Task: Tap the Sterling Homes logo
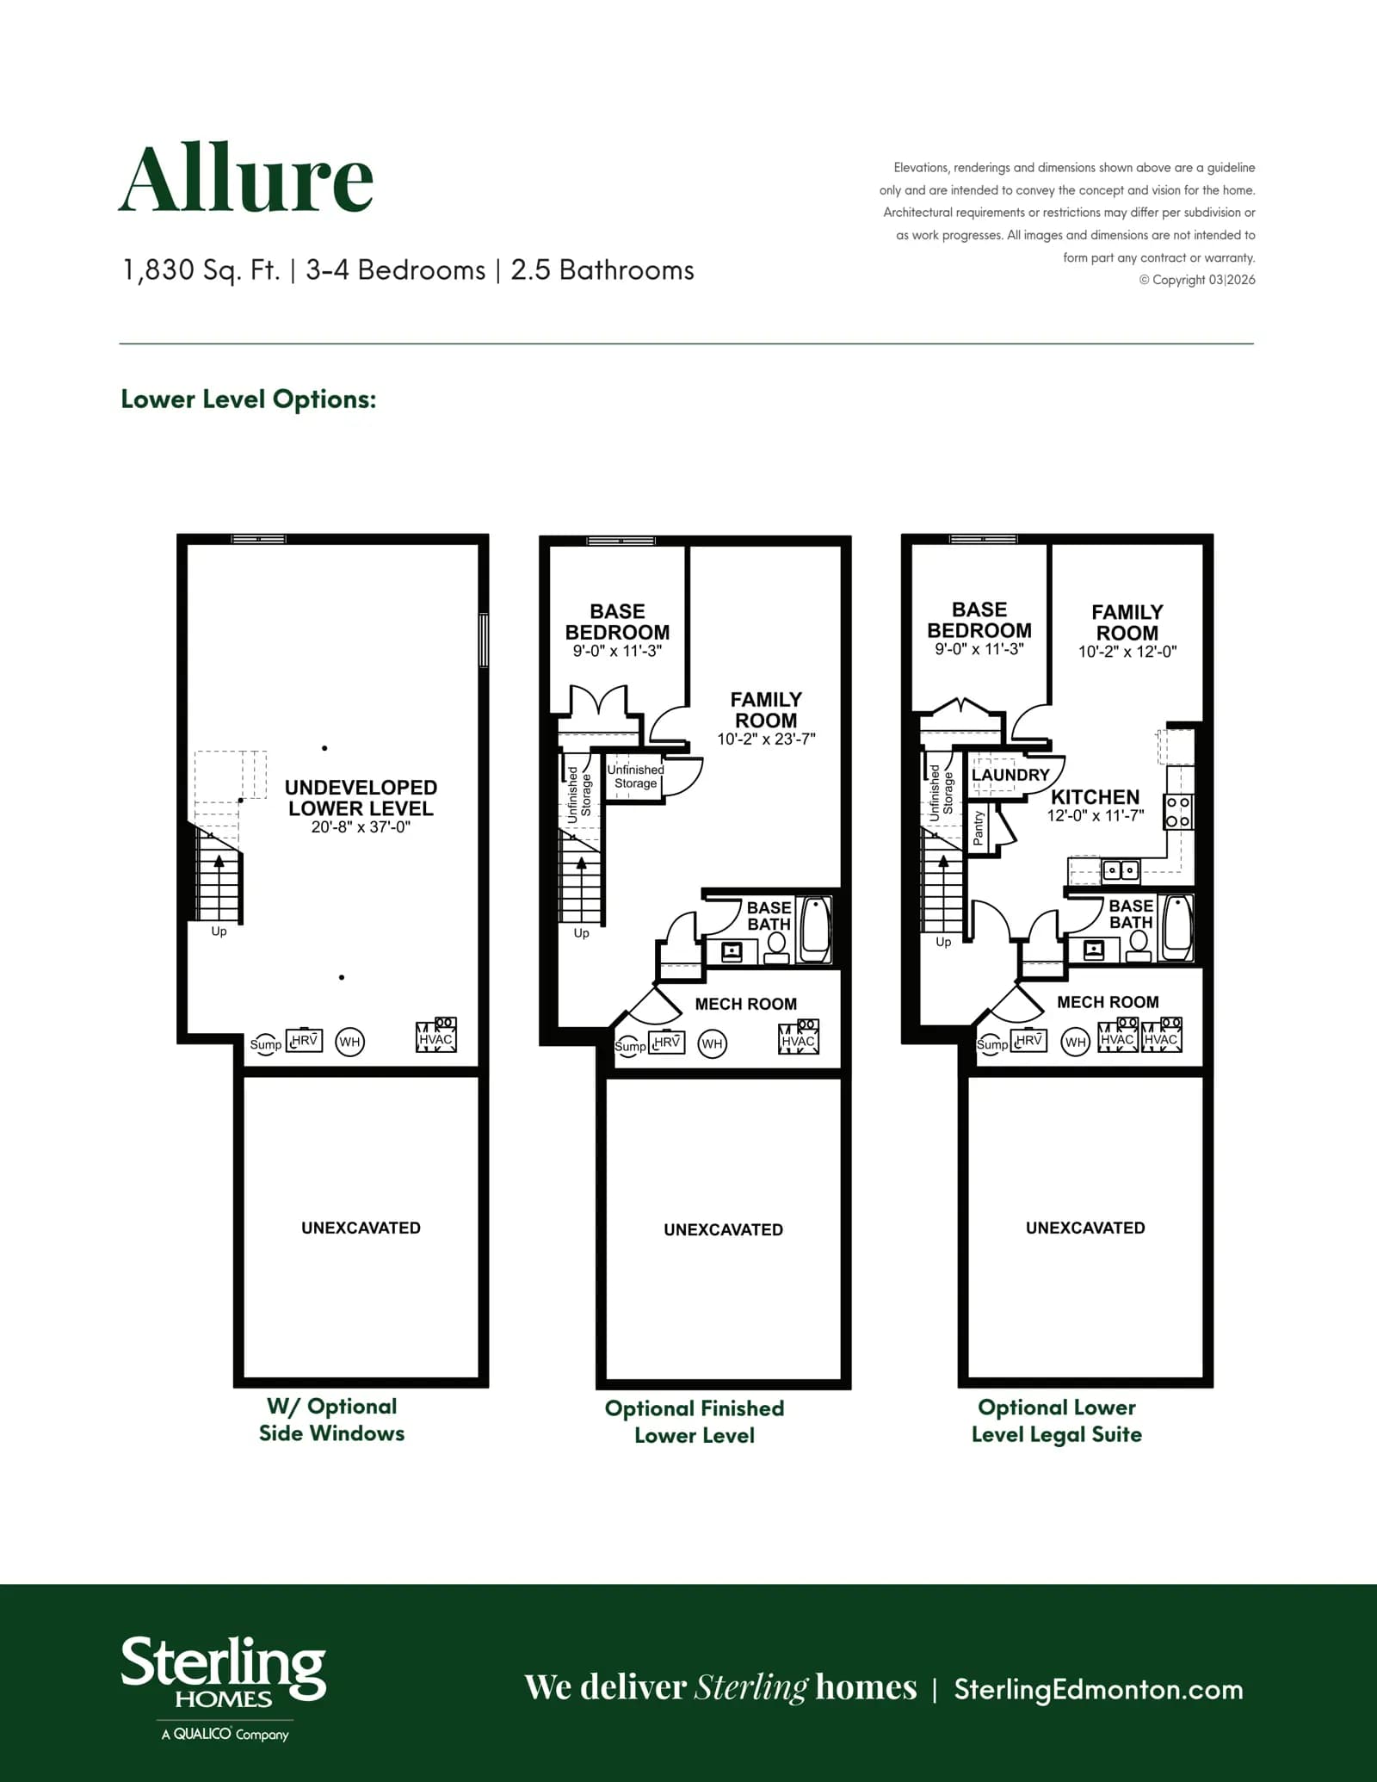[224, 1687]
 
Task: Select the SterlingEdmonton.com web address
[1098, 1689]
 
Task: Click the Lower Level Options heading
[249, 399]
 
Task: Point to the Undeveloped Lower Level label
[361, 798]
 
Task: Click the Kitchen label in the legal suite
[1095, 797]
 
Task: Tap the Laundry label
[1010, 775]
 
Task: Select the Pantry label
[978, 828]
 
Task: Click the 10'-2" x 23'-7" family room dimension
[766, 739]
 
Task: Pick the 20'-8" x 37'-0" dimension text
[361, 827]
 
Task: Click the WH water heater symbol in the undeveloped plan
[349, 1043]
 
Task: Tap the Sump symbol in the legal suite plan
[991, 1044]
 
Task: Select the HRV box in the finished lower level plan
[666, 1042]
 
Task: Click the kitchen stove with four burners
[1178, 811]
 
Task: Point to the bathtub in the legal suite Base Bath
[1176, 928]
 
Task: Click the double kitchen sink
[1121, 870]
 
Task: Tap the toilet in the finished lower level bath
[776, 948]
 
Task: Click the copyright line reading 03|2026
[1197, 280]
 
